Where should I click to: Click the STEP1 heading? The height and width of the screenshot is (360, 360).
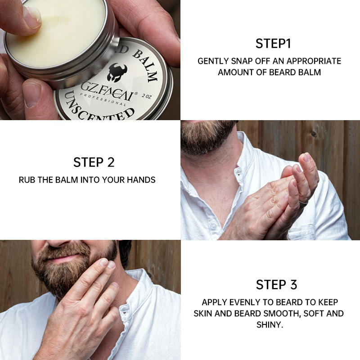pos(273,43)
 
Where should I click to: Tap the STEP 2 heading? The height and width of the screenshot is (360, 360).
pos(94,162)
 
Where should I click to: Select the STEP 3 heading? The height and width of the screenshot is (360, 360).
pos(276,284)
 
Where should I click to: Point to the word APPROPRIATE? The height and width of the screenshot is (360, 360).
pos(314,61)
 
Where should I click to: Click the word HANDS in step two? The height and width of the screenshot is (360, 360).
pos(141,180)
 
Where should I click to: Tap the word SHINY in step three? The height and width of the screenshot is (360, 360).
pos(270,324)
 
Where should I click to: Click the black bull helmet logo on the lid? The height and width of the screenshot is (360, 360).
pos(117,72)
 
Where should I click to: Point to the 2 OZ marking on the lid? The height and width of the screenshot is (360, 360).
pos(147,96)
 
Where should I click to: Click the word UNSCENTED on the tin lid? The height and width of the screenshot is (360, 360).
pos(99,108)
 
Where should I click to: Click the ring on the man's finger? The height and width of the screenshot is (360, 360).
pos(303,203)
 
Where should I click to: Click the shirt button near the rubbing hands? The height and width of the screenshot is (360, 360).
pos(213,226)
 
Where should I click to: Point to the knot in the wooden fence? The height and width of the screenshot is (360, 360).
pos(314,133)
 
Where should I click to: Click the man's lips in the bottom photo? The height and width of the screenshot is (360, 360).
pos(62,259)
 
